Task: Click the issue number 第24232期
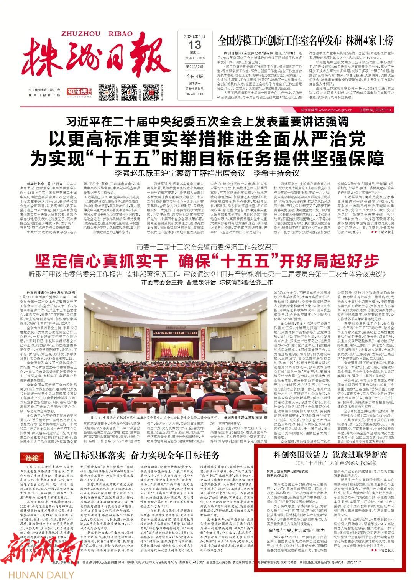pos(194,66)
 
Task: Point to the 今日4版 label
pos(194,76)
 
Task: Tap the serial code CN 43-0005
pos(194,94)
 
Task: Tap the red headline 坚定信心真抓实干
pos(102,262)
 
